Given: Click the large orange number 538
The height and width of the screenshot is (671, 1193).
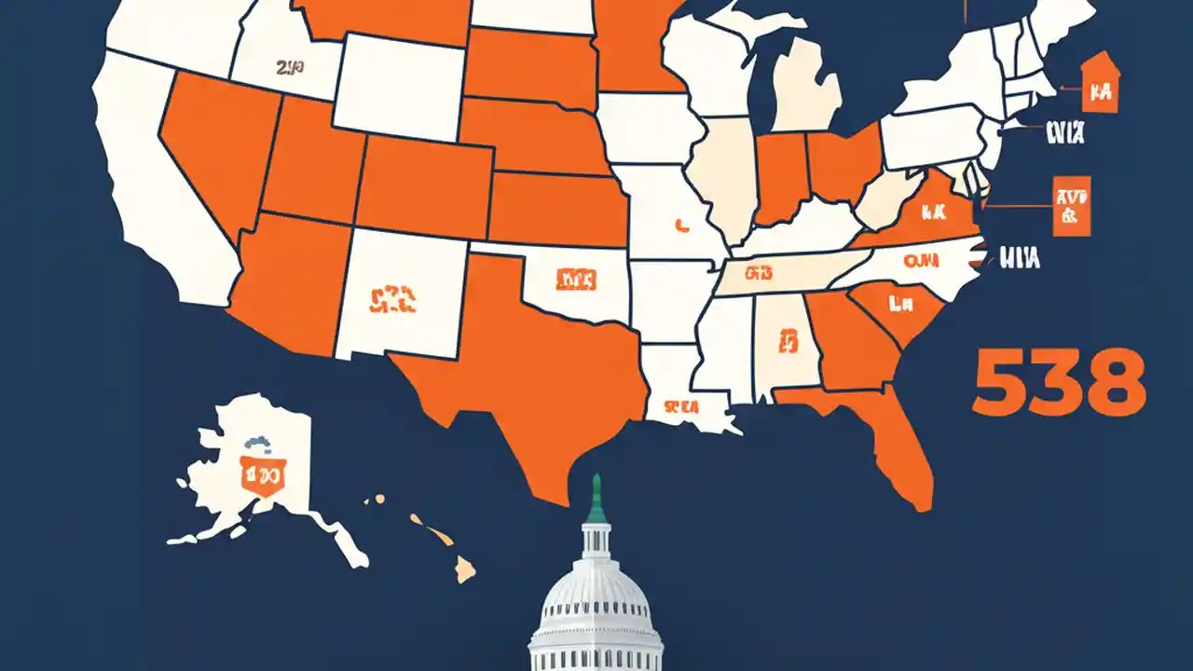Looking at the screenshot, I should (1057, 382).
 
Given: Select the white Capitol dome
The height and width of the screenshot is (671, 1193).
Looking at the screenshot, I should (596, 587).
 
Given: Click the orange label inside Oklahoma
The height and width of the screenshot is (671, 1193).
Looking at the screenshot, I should (576, 278).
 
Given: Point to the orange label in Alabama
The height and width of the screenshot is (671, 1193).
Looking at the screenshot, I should (790, 339).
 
